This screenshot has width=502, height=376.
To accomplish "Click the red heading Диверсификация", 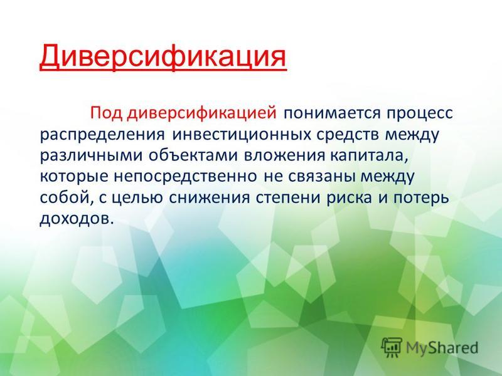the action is click(163, 57).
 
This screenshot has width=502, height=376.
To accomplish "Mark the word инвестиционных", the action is click(242, 135).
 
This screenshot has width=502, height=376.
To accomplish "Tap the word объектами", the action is click(193, 155).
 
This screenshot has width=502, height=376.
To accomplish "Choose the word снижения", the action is click(210, 198).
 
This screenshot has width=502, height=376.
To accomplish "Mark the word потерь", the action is click(421, 197).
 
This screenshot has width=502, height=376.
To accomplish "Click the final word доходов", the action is click(77, 219).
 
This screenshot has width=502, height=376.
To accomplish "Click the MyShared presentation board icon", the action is click(392, 347).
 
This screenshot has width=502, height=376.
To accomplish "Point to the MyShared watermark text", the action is click(442, 348).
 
